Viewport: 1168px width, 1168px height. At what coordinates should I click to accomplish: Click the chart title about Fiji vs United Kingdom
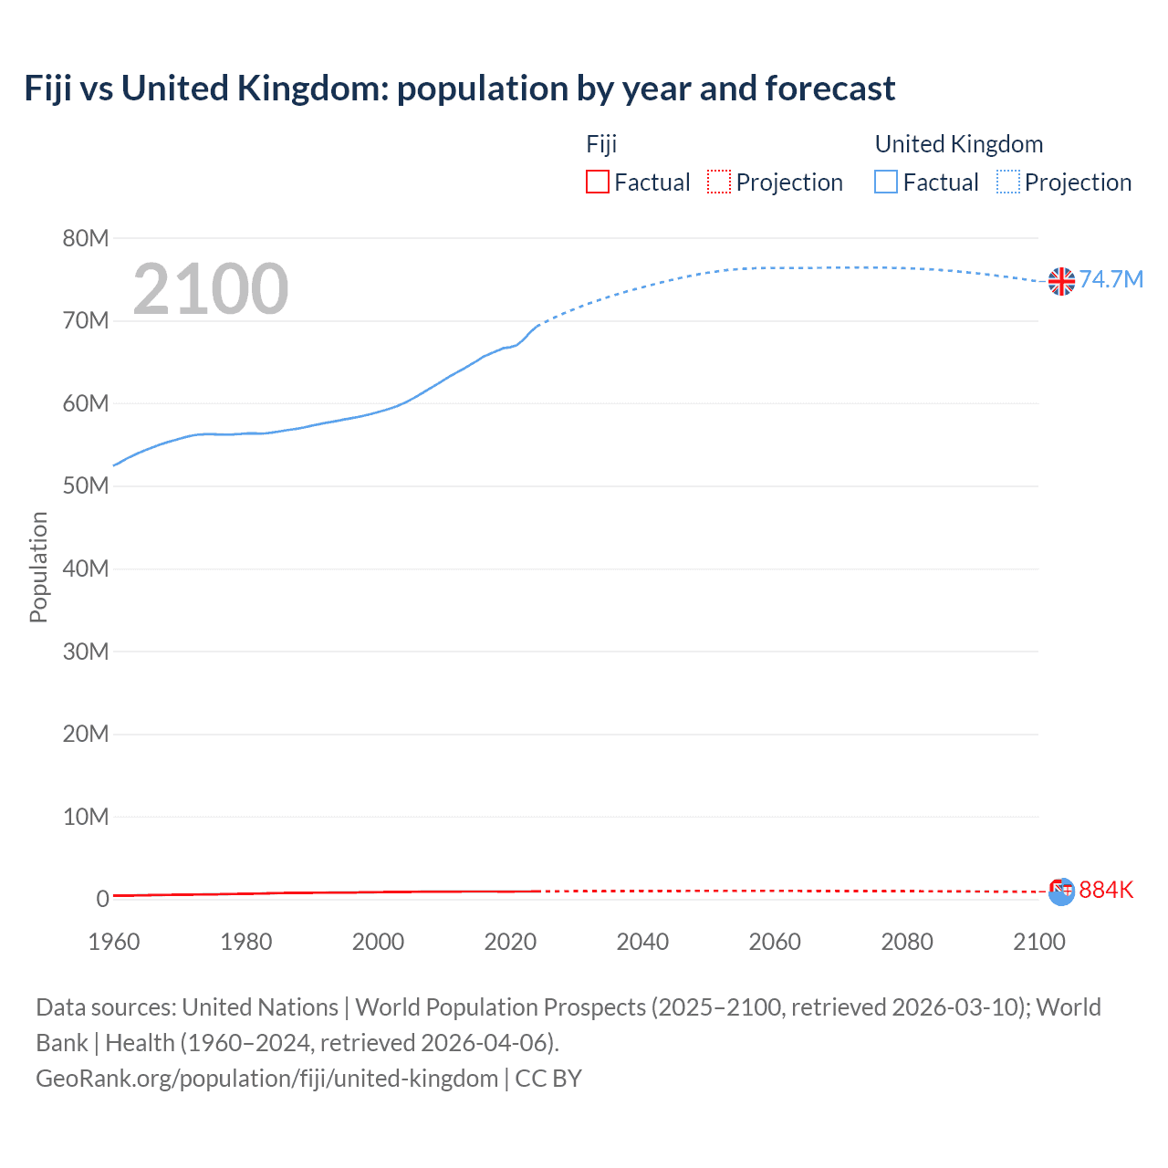[459, 89]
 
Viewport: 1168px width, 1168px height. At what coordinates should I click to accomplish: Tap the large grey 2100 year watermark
[211, 289]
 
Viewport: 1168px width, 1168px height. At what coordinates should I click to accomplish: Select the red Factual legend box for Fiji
[598, 182]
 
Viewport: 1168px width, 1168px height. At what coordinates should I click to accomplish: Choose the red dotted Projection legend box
[719, 182]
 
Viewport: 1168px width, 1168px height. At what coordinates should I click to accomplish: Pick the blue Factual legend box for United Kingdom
[886, 182]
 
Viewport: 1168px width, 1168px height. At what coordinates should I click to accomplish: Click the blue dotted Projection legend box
[1008, 182]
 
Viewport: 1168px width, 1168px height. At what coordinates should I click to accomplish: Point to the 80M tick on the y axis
[86, 239]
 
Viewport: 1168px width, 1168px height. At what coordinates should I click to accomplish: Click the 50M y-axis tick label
[86, 486]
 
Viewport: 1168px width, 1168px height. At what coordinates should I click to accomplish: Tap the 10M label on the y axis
[86, 817]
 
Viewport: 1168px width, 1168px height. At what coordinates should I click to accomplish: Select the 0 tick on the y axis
[102, 899]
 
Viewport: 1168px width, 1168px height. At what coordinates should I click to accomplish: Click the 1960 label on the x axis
[114, 942]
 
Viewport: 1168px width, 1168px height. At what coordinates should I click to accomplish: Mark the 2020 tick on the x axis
[510, 942]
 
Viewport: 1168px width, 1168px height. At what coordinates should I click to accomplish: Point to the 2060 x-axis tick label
[775, 942]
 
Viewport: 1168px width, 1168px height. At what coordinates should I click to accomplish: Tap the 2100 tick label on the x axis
[1038, 942]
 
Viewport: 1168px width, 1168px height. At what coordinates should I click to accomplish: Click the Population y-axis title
[38, 567]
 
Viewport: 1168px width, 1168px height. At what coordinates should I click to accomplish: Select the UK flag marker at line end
[1061, 281]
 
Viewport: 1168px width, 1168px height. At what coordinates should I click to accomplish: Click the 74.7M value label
[1111, 279]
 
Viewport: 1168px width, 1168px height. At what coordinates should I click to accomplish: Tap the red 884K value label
[1106, 890]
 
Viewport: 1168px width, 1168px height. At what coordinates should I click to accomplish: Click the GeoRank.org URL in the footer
[266, 1079]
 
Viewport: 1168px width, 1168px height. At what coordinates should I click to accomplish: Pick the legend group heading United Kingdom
[959, 144]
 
